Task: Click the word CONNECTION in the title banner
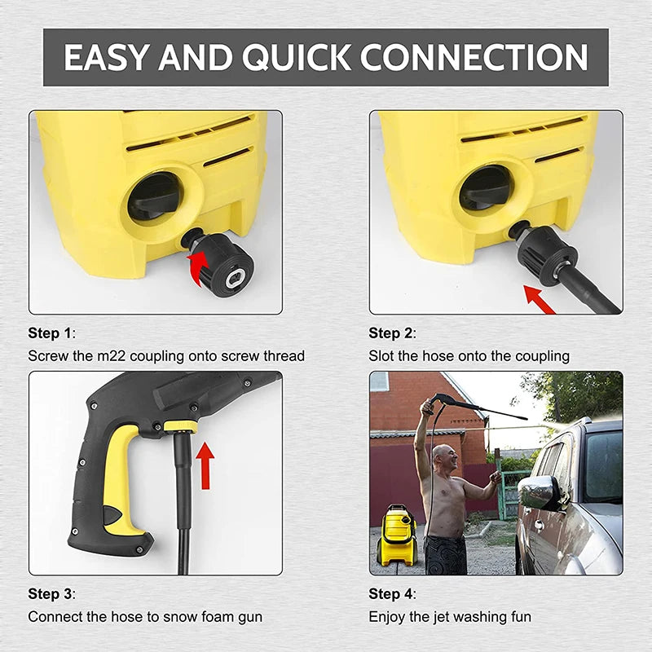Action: coord(474,58)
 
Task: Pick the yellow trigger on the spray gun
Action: coord(121,481)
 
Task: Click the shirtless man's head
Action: coord(442,456)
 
